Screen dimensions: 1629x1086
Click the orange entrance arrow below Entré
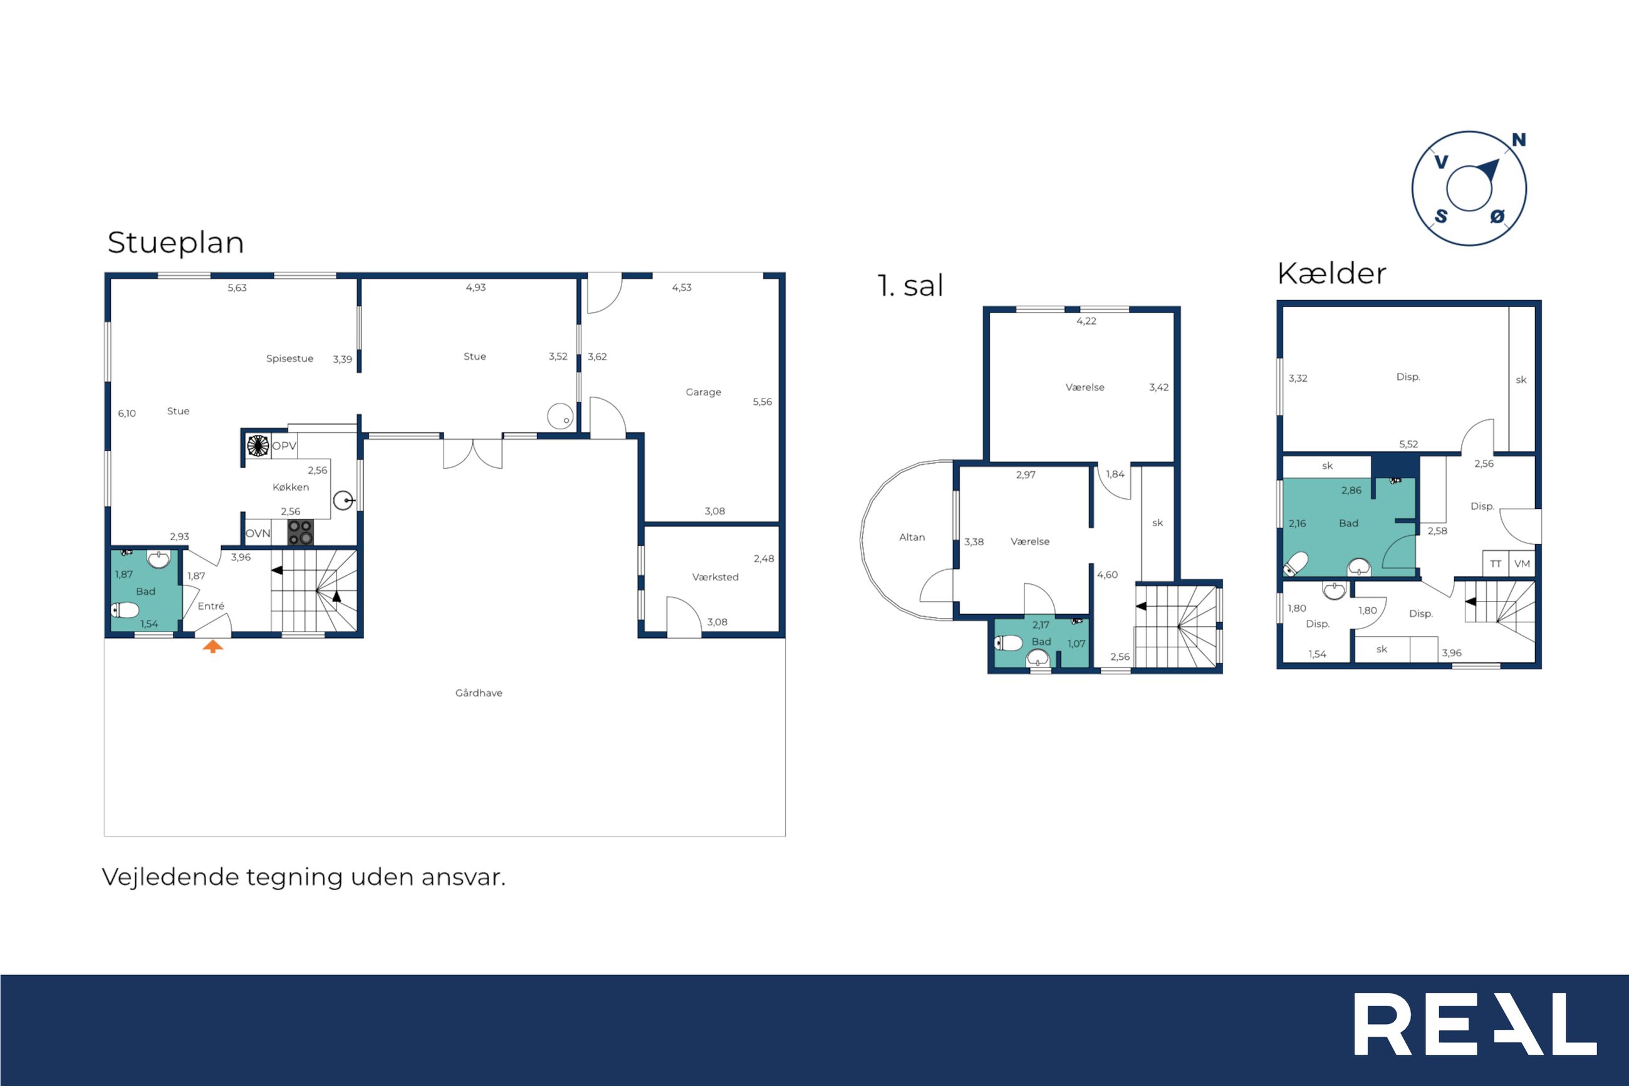coord(212,646)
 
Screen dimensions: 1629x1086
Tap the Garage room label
coord(704,392)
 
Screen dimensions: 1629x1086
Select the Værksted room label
coord(715,577)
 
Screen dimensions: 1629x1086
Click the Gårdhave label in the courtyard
coord(479,692)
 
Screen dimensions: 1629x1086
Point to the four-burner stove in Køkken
coord(301,532)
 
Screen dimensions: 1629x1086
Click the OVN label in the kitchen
coord(258,533)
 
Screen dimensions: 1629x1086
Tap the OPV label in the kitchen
coord(284,446)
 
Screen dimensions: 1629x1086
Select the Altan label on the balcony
coord(912,537)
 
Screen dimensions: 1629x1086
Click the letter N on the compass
coord(1518,140)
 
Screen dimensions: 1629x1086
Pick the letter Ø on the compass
coord(1497,217)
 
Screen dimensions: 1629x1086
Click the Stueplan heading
coord(175,243)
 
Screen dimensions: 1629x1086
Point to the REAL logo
coord(1475,1024)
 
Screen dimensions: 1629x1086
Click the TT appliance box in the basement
coord(1496,563)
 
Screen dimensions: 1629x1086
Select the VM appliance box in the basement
coord(1522,563)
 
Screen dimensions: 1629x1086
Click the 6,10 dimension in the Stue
coord(127,414)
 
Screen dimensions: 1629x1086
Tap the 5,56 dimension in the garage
coord(762,402)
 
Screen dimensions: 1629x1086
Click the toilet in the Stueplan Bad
coord(125,610)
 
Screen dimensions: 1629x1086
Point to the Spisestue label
coord(289,359)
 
